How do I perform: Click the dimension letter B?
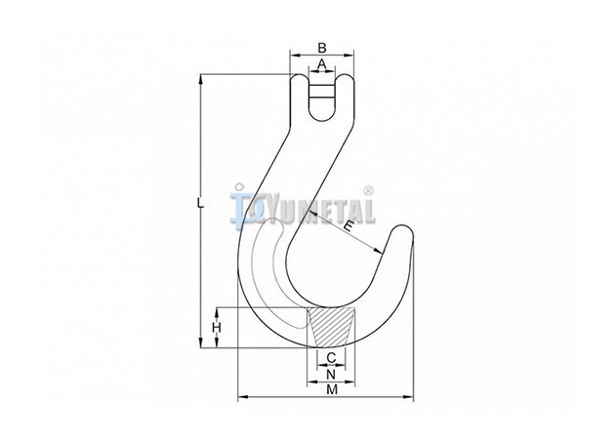click(321, 48)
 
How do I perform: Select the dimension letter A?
click(321, 63)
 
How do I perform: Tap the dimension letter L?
click(200, 203)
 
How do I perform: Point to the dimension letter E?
click(348, 226)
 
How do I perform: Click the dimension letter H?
click(217, 327)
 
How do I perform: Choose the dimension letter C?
click(332, 357)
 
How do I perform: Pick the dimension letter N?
click(331, 375)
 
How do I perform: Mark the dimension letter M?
click(332, 389)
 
